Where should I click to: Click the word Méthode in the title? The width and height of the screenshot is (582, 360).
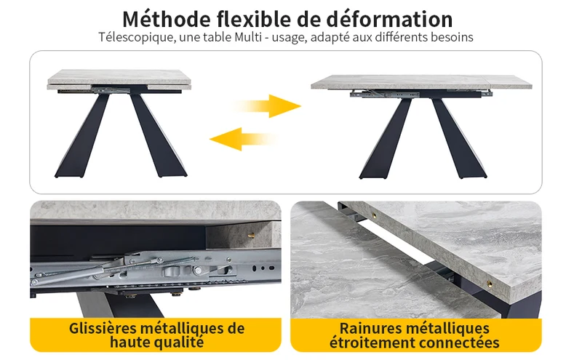coord(167,20)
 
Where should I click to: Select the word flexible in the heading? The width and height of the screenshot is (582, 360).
coord(257,20)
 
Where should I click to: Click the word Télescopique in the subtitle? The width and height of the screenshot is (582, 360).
coord(137,38)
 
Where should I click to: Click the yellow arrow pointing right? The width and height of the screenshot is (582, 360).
coord(267,106)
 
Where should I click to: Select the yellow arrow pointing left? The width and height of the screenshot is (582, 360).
coord(244,139)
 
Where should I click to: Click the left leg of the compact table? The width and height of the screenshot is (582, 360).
coord(82,135)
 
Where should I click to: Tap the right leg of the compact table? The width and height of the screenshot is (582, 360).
coord(158,135)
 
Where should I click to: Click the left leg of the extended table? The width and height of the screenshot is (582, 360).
coord(386,138)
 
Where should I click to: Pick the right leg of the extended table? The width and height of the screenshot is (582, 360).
coord(459,138)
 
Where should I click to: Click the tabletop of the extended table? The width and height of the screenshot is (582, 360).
coord(421,82)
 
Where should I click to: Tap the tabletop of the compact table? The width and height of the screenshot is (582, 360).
coord(119,78)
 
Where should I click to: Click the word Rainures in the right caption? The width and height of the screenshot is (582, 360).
coord(370,329)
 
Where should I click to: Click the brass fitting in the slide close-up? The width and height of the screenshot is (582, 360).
coord(252,235)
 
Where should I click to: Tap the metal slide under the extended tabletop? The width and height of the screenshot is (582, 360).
coord(415,95)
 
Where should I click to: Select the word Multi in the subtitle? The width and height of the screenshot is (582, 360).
coord(248,37)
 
